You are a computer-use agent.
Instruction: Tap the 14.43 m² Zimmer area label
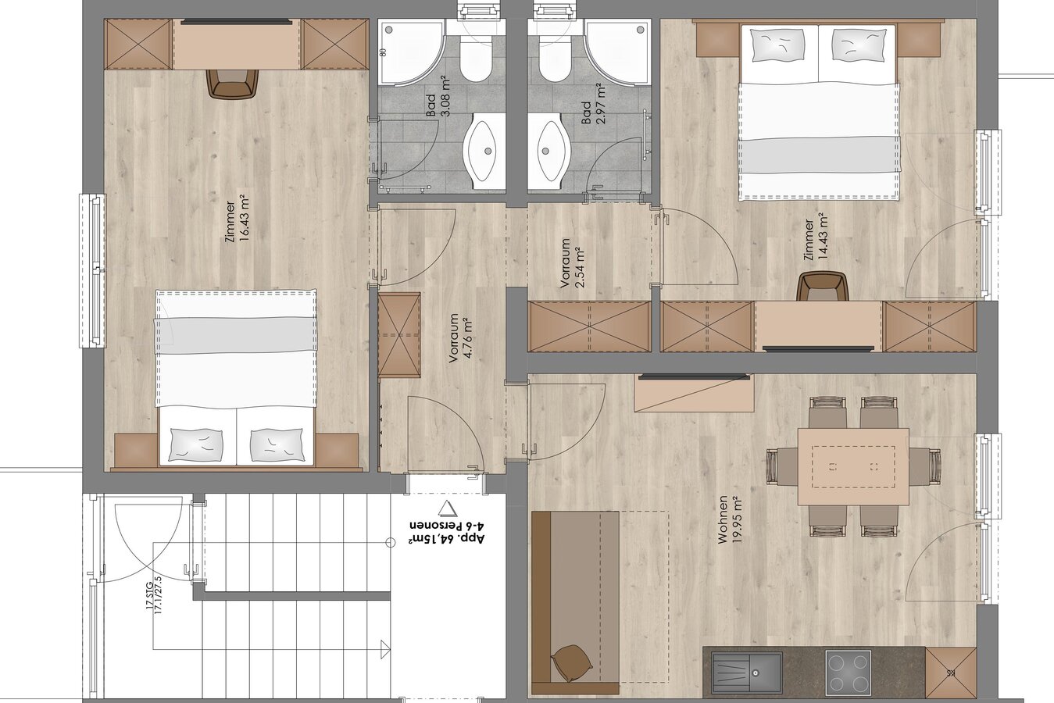tap(816, 240)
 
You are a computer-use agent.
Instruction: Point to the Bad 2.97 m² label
tap(593, 104)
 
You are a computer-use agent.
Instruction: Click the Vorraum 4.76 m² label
tap(461, 338)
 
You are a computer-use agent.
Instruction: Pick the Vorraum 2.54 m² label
tap(572, 262)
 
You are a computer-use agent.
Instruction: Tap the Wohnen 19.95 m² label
tap(731, 519)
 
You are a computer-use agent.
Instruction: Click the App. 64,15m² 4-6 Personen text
tap(447, 532)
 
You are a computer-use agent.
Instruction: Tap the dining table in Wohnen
tap(853, 466)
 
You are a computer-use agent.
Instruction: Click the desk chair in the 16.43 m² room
tap(233, 84)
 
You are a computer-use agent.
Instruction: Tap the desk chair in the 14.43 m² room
tap(823, 287)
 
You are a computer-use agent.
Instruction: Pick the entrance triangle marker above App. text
tap(446, 509)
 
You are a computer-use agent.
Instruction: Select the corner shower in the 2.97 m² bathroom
tap(620, 52)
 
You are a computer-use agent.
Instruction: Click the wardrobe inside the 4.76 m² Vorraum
tap(399, 334)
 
